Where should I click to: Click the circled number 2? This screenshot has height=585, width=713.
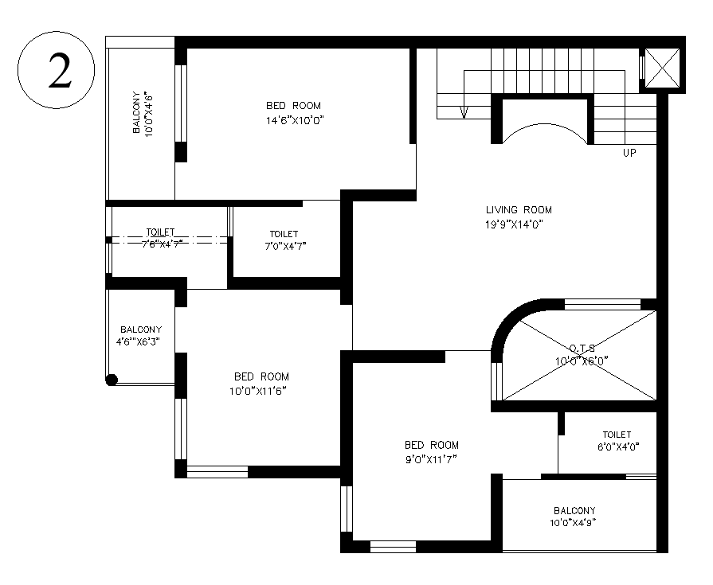click(56, 72)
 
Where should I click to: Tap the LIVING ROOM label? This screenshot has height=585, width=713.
click(519, 210)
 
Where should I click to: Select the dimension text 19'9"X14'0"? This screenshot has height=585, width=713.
click(519, 224)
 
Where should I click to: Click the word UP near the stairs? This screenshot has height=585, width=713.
click(629, 153)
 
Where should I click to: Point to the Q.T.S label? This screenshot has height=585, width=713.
click(582, 348)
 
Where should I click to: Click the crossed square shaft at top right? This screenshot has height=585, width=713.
click(662, 67)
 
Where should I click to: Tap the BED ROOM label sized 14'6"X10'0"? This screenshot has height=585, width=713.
click(293, 106)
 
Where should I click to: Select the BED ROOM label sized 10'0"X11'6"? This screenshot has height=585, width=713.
click(261, 376)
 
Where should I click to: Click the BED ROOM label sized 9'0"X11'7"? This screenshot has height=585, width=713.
click(431, 446)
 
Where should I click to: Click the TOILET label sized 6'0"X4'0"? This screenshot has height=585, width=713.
click(617, 435)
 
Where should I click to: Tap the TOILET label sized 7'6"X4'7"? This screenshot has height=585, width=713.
click(159, 232)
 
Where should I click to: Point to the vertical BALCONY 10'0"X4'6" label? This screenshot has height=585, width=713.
click(142, 114)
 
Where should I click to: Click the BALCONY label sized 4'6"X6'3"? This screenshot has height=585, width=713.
click(140, 330)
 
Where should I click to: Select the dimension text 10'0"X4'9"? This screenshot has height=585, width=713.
click(574, 524)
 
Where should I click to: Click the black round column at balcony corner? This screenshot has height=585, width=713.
click(112, 380)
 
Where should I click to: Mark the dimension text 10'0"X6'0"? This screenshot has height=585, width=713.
click(582, 361)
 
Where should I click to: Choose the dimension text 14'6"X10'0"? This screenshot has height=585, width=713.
click(293, 120)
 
